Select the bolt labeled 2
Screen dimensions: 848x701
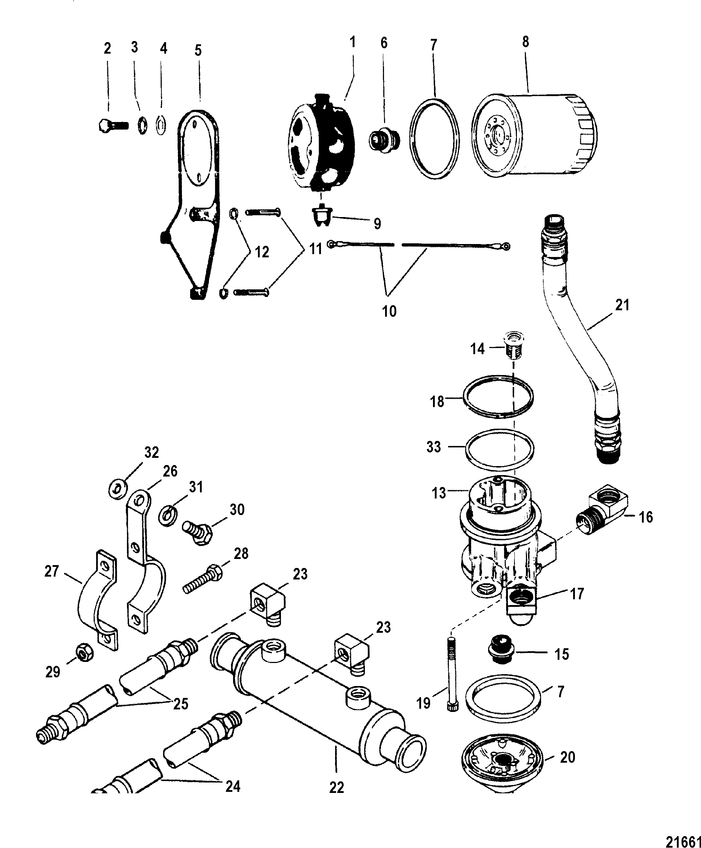[x=112, y=126]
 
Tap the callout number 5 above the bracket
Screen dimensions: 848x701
[x=198, y=50]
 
